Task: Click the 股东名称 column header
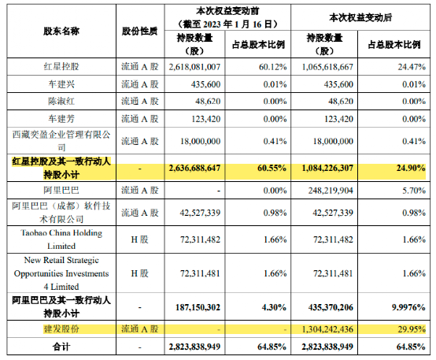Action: [x=61, y=31]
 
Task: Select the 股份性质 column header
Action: [x=140, y=31]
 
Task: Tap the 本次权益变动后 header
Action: [x=360, y=17]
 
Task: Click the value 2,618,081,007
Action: [x=194, y=67]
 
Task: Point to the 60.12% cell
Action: [x=272, y=67]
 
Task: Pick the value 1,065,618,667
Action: [x=327, y=67]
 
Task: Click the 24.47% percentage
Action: [x=412, y=67]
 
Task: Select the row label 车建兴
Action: [x=61, y=84]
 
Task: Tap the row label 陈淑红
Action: [x=61, y=101]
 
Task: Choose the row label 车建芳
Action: [x=61, y=119]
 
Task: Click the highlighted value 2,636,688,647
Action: [x=194, y=168]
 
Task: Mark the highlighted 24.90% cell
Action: [x=411, y=168]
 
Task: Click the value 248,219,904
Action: [x=331, y=191]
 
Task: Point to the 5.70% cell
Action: [x=414, y=191]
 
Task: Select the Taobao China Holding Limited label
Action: [x=61, y=239]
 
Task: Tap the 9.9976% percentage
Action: [x=408, y=307]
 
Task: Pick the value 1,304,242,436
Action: [x=327, y=329]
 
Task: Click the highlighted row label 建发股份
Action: [x=61, y=329]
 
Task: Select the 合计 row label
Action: [x=61, y=347]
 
